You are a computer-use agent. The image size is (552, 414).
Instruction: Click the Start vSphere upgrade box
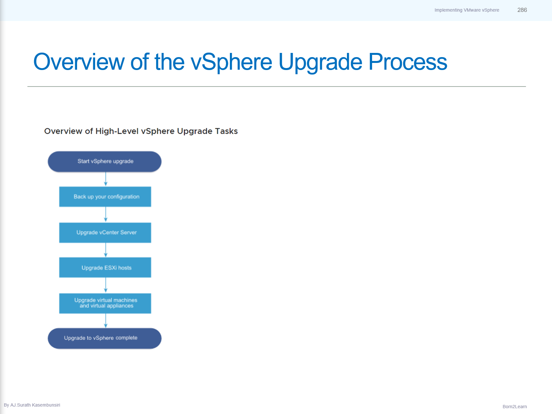104,161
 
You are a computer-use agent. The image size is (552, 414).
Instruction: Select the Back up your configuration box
105,197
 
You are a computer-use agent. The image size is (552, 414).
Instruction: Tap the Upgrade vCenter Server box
105,232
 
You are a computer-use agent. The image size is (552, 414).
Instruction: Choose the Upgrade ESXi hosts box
105,268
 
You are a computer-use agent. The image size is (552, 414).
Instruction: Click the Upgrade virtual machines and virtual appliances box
105,303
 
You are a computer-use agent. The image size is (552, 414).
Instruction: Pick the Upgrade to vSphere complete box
104,338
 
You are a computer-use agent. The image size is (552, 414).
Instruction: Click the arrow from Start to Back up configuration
106,179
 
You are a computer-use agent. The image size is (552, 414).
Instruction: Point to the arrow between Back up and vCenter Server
106,215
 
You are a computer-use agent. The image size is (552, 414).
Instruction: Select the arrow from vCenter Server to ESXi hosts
106,250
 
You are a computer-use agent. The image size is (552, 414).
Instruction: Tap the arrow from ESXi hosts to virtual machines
106,285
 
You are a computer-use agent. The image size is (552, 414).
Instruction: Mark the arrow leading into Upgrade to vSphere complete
106,321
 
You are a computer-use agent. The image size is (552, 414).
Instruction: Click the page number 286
522,10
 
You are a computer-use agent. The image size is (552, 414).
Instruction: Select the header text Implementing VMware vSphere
467,10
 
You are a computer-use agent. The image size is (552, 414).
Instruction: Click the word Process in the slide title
408,62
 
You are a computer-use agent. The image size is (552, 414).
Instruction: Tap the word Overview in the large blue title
79,62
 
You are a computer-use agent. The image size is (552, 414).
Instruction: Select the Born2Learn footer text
515,407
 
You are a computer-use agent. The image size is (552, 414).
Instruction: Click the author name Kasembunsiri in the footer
46,405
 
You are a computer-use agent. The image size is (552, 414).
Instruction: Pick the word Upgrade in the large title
320,62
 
